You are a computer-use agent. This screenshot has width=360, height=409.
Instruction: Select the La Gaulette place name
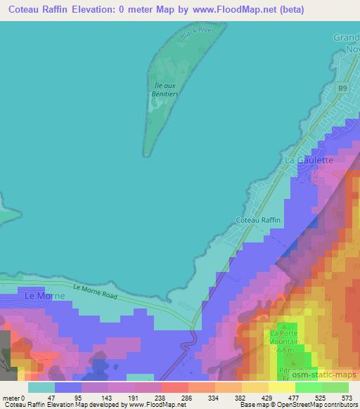(309, 160)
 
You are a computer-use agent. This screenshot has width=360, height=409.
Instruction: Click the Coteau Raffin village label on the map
(258, 220)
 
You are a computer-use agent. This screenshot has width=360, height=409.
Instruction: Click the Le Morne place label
(45, 296)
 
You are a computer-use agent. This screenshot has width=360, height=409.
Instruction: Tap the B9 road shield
(342, 88)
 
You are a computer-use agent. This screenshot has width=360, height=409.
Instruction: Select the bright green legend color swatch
(308, 387)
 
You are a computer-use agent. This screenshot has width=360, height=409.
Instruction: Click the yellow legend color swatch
(281, 387)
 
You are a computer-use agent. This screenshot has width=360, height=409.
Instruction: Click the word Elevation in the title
(105, 9)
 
